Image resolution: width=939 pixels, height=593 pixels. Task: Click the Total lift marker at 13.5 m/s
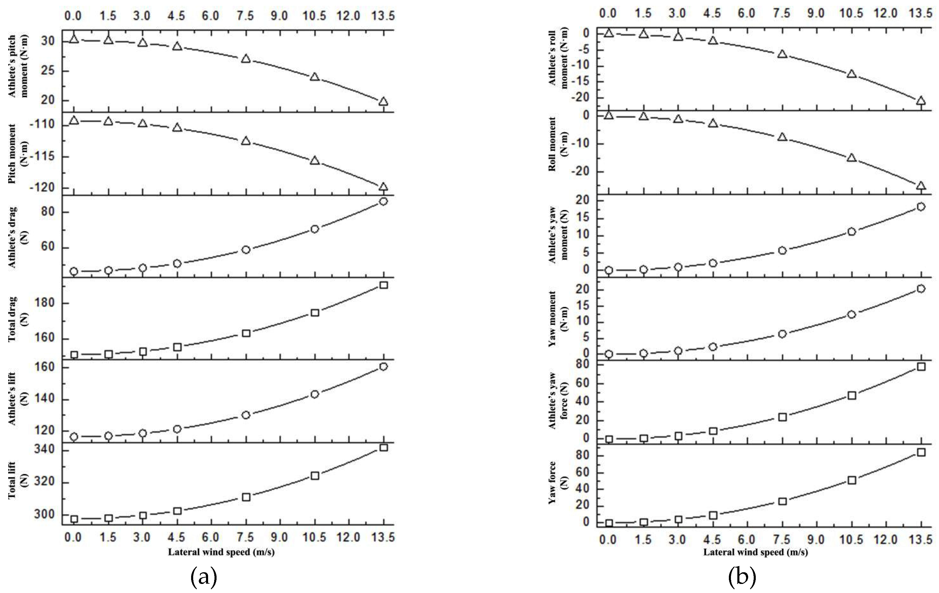pyautogui.click(x=383, y=448)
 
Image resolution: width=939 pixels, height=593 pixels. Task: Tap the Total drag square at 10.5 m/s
pyautogui.click(x=315, y=313)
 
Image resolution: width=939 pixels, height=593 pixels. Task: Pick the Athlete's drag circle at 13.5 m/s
pyautogui.click(x=383, y=201)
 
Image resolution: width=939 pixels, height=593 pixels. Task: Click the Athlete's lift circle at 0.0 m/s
pyautogui.click(x=74, y=437)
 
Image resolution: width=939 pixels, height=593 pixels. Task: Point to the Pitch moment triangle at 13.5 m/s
pyautogui.click(x=383, y=187)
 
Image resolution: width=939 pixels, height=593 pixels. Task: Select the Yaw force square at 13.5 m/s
pyautogui.click(x=921, y=452)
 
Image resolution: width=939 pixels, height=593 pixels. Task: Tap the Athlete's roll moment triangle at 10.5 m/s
pyautogui.click(x=852, y=74)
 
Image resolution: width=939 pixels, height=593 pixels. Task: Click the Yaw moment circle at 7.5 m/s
pyautogui.click(x=782, y=334)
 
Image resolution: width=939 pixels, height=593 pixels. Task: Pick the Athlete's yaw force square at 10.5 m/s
pyautogui.click(x=852, y=395)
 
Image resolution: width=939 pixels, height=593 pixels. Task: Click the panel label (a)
pyautogui.click(x=204, y=578)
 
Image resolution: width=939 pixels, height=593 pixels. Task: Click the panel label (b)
pyautogui.click(x=742, y=578)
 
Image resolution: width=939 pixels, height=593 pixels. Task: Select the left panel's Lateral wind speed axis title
pyautogui.click(x=221, y=552)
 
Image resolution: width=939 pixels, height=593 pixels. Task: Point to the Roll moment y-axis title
pyautogui.click(x=558, y=144)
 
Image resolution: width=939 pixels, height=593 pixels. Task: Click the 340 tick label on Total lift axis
pyautogui.click(x=44, y=450)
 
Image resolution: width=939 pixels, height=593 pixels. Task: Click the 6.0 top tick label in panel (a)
pyautogui.click(x=210, y=16)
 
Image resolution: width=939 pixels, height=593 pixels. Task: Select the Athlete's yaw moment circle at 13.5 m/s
pyautogui.click(x=921, y=207)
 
